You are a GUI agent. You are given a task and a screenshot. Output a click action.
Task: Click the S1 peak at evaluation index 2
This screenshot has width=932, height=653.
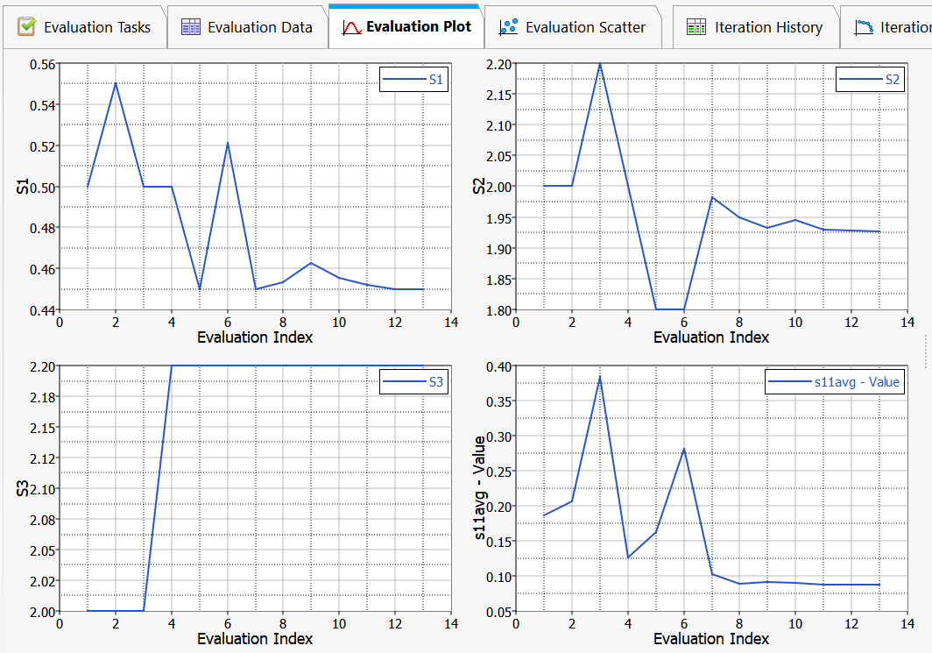[x=116, y=83]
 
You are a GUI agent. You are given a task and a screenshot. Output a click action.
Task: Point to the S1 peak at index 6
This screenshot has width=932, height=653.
[x=228, y=143]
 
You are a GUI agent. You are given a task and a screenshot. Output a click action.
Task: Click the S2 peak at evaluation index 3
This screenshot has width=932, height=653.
[x=600, y=64]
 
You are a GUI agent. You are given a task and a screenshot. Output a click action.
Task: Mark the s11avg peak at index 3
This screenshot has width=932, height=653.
[x=600, y=377]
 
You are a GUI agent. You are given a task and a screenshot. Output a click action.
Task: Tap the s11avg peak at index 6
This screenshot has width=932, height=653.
[x=684, y=449]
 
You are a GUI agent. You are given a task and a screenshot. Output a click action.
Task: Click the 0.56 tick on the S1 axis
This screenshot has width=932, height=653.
[x=41, y=65]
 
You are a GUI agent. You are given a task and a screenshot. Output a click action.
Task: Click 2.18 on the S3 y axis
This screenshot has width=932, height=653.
[x=40, y=397]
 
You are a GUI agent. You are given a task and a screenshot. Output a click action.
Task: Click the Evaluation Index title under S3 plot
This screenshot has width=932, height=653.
[x=255, y=639]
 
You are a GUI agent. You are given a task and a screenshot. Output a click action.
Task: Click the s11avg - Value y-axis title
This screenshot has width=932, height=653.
[x=480, y=487]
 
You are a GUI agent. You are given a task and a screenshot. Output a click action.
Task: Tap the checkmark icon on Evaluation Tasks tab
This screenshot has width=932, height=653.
[x=27, y=27]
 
